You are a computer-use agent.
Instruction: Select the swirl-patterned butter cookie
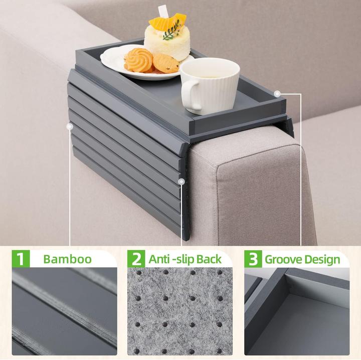pos(138,60)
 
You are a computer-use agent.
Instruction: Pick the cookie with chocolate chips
pos(166,63)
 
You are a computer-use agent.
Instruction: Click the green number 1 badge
pos(21,259)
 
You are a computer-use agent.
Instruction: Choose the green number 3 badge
pos(253,259)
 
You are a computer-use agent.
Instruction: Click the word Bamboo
pos(67,259)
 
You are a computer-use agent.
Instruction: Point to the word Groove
pos(284,259)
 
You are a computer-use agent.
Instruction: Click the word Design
pos(322,259)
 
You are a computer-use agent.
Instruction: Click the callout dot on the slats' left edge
pos(68,127)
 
